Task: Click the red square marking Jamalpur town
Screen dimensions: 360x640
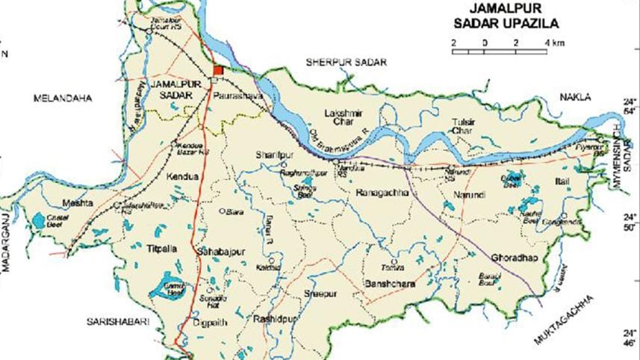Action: click(217, 70)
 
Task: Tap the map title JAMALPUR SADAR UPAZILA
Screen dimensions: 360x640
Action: click(506, 15)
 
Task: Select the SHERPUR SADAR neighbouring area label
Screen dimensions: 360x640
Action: click(344, 62)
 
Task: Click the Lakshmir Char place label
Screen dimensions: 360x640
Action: click(344, 117)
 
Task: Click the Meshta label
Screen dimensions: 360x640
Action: click(78, 203)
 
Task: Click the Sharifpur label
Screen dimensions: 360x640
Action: click(272, 154)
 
